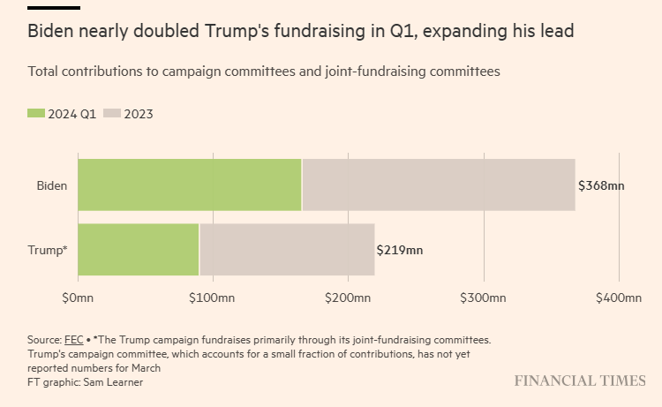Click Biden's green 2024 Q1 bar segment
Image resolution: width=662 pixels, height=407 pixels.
pyautogui.click(x=189, y=185)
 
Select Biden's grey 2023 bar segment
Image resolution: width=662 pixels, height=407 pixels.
pyautogui.click(x=439, y=185)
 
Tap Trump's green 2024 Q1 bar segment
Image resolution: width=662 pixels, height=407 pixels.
pyautogui.click(x=138, y=250)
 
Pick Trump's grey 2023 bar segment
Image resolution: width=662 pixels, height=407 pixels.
pyautogui.click(x=287, y=250)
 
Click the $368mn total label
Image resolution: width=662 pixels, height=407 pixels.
pyautogui.click(x=602, y=186)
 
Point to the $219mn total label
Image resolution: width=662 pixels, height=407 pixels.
pyautogui.click(x=400, y=250)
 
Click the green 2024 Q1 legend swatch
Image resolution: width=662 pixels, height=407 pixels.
pyautogui.click(x=36, y=113)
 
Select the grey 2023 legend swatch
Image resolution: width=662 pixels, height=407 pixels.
pyautogui.click(x=112, y=113)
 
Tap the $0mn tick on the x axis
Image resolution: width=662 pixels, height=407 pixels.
pyautogui.click(x=78, y=298)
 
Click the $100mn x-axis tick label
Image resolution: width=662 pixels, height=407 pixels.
pyautogui.click(x=212, y=298)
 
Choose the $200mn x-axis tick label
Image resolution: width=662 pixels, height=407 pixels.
pyautogui.click(x=348, y=298)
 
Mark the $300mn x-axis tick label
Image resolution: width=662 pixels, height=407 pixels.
pyautogui.click(x=483, y=298)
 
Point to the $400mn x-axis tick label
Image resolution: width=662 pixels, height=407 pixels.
pyautogui.click(x=618, y=298)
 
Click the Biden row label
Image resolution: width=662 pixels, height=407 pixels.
pyautogui.click(x=51, y=185)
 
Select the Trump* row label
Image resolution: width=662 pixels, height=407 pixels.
pyautogui.click(x=48, y=250)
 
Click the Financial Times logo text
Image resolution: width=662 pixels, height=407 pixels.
pyautogui.click(x=580, y=381)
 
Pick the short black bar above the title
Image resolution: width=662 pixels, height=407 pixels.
pyautogui.click(x=54, y=8)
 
